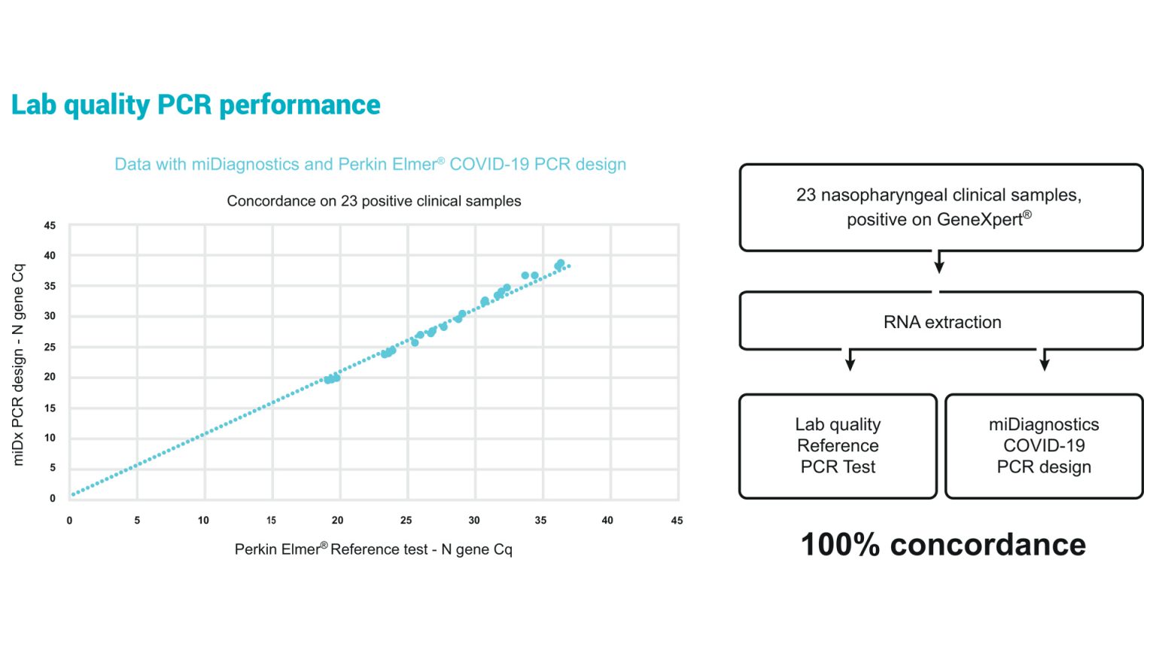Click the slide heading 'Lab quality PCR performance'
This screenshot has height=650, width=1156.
point(196,105)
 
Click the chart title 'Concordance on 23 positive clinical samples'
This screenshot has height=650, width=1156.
point(374,202)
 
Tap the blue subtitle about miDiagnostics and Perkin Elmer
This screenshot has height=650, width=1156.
point(370,165)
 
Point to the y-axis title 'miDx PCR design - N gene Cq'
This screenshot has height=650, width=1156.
point(19,364)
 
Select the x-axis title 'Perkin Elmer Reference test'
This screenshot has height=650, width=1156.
point(373,549)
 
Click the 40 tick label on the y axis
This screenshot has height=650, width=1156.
point(50,256)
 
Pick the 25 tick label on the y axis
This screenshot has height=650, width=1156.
point(50,347)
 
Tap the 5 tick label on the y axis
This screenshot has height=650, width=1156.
point(53,468)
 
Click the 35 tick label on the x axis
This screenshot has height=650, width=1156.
point(540,521)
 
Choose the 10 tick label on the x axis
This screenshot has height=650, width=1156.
point(203,521)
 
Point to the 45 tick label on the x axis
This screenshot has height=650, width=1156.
point(677,521)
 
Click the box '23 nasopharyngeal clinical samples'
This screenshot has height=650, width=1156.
point(940,207)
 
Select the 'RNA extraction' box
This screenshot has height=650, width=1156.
point(942,322)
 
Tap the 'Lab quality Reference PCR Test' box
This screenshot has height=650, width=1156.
point(838,446)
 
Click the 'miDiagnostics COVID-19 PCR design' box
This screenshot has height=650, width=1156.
point(1044,446)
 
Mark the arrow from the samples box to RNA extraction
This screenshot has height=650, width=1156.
point(939,263)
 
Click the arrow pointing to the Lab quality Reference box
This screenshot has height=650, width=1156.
point(850,360)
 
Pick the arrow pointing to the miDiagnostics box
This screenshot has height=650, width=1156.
point(1045,360)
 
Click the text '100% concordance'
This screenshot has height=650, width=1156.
point(943,545)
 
